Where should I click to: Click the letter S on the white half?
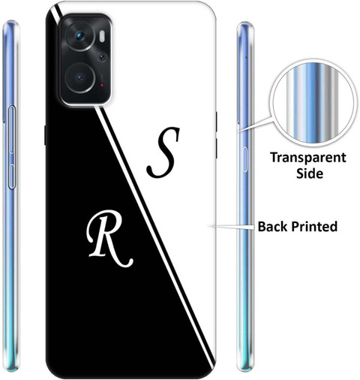point(163,152)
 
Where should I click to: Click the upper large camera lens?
point(79,36)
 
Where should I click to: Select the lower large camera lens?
point(79,78)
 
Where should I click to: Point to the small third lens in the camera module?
point(102,57)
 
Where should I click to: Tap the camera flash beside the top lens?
point(102,36)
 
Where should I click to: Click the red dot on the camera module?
point(102,85)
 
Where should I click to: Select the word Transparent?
point(308,158)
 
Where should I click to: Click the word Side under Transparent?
point(310,173)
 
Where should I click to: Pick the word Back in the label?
point(272,226)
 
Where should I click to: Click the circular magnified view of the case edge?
point(313,102)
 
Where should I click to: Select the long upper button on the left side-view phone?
point(12,129)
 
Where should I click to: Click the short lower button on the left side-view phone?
point(12,176)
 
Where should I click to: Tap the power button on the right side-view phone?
point(244,159)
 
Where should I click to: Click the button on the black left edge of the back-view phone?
point(45,135)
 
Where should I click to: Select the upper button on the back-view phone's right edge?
point(216,122)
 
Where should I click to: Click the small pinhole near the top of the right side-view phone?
point(246,57)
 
